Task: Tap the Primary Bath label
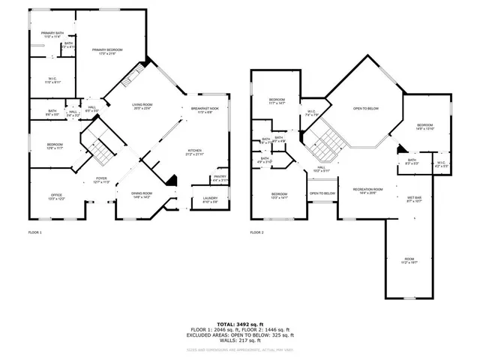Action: tap(52, 34)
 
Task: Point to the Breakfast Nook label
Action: tap(204, 109)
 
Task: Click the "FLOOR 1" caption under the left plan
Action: tap(35, 232)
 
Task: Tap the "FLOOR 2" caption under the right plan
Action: tap(257, 232)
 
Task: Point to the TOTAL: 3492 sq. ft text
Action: tap(239, 323)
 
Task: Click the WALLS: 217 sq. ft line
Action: tap(239, 343)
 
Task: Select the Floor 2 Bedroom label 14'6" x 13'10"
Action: tap(424, 126)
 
